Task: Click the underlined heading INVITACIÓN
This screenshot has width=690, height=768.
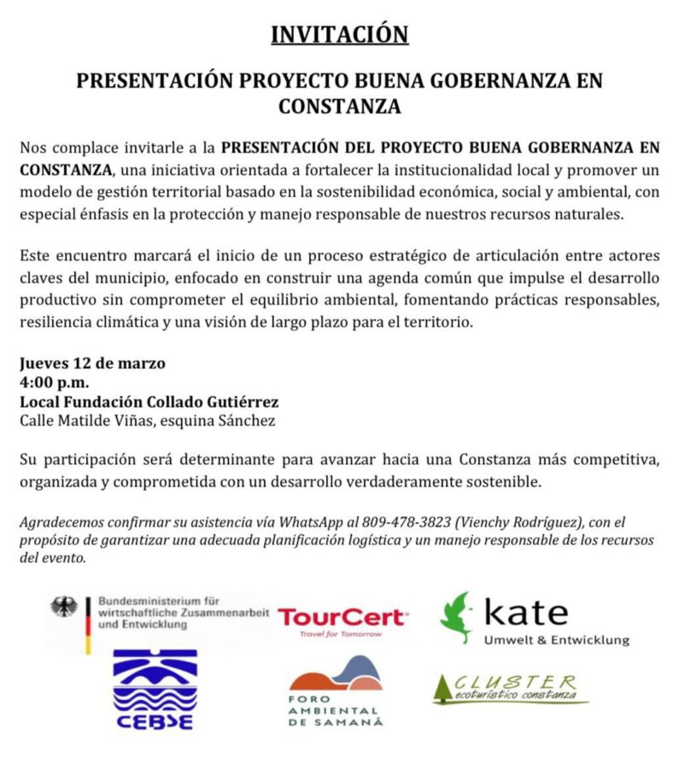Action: (x=339, y=34)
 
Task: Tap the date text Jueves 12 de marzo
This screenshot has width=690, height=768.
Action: (x=92, y=363)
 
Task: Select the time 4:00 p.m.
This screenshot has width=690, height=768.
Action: (x=55, y=381)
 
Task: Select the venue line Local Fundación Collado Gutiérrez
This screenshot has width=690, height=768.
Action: (x=149, y=401)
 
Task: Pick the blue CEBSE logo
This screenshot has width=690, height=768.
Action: (x=155, y=690)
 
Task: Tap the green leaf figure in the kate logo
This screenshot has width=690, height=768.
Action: (x=457, y=617)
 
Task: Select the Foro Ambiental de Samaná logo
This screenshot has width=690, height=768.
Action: (x=335, y=690)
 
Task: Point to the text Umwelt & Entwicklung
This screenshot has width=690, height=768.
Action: (x=556, y=640)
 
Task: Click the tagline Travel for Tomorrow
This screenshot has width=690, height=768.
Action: (x=341, y=634)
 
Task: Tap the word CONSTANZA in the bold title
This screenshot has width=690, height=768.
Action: (x=339, y=108)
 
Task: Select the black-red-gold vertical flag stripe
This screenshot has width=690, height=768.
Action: (x=88, y=625)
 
